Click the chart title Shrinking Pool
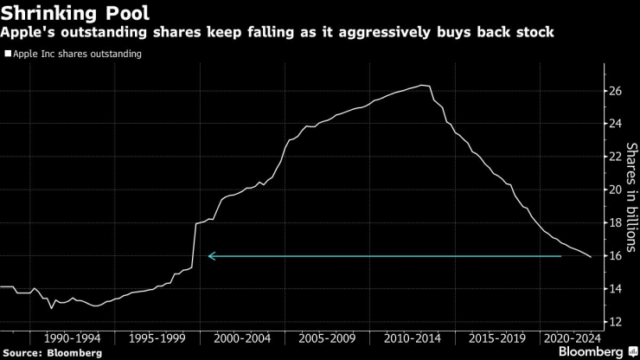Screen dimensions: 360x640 pos(80,15)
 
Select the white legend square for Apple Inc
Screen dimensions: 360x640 pos(8,54)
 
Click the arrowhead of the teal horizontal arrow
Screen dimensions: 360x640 pos(210,256)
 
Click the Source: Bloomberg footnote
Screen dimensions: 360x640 pos(52,352)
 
